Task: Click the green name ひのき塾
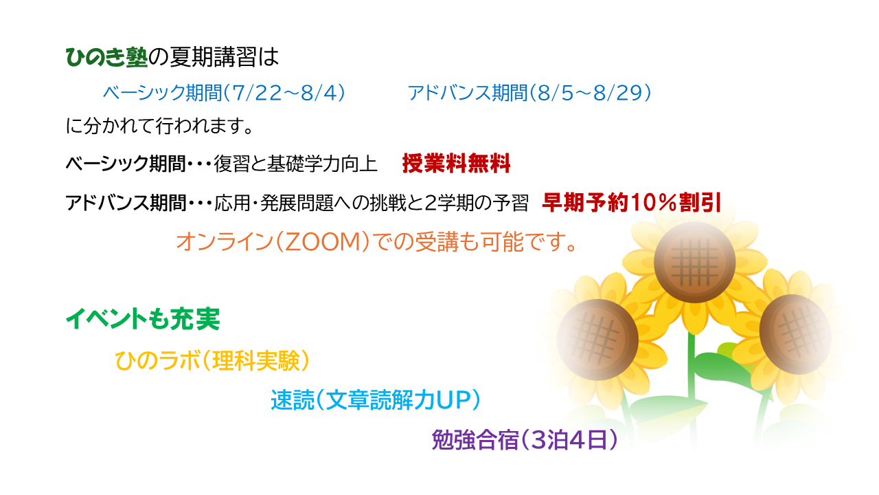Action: click(x=106, y=57)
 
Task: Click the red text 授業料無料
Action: click(x=457, y=164)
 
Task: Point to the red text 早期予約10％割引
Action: click(x=631, y=203)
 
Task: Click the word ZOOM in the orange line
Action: click(x=323, y=241)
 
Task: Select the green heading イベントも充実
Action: click(x=143, y=319)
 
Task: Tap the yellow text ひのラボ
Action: click(x=157, y=361)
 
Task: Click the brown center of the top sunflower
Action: click(x=694, y=262)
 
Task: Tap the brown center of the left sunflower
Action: click(x=597, y=340)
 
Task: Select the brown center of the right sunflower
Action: click(x=795, y=334)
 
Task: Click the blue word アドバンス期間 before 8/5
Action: click(x=468, y=93)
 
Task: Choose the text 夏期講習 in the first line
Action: click(x=213, y=57)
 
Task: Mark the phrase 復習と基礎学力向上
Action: click(x=295, y=164)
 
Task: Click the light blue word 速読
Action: click(x=293, y=400)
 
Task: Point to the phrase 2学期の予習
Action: click(x=477, y=203)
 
